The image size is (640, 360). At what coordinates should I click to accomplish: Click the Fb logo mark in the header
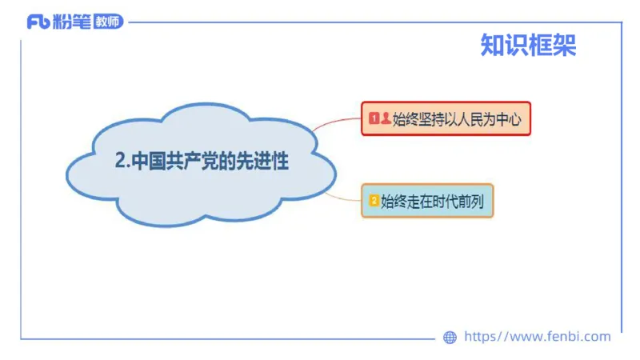click(x=38, y=22)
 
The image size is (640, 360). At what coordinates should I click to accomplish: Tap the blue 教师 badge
click(x=108, y=22)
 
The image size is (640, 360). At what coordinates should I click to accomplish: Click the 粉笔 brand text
click(x=71, y=22)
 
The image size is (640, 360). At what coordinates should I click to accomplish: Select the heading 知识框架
click(x=528, y=45)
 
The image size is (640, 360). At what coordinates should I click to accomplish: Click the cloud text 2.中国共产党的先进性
click(x=202, y=161)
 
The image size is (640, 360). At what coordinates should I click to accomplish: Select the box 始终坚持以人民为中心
click(x=446, y=119)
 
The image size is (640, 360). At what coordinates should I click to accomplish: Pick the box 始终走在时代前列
click(x=427, y=201)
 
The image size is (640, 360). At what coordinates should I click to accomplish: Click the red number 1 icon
click(x=374, y=119)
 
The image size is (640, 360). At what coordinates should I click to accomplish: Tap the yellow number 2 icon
click(x=374, y=201)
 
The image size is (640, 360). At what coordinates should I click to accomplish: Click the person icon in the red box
click(x=386, y=119)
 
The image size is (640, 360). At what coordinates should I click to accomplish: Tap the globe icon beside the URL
click(x=450, y=338)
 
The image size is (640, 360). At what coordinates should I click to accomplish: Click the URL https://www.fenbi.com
click(x=537, y=337)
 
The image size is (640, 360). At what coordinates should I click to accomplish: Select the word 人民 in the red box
click(x=472, y=119)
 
